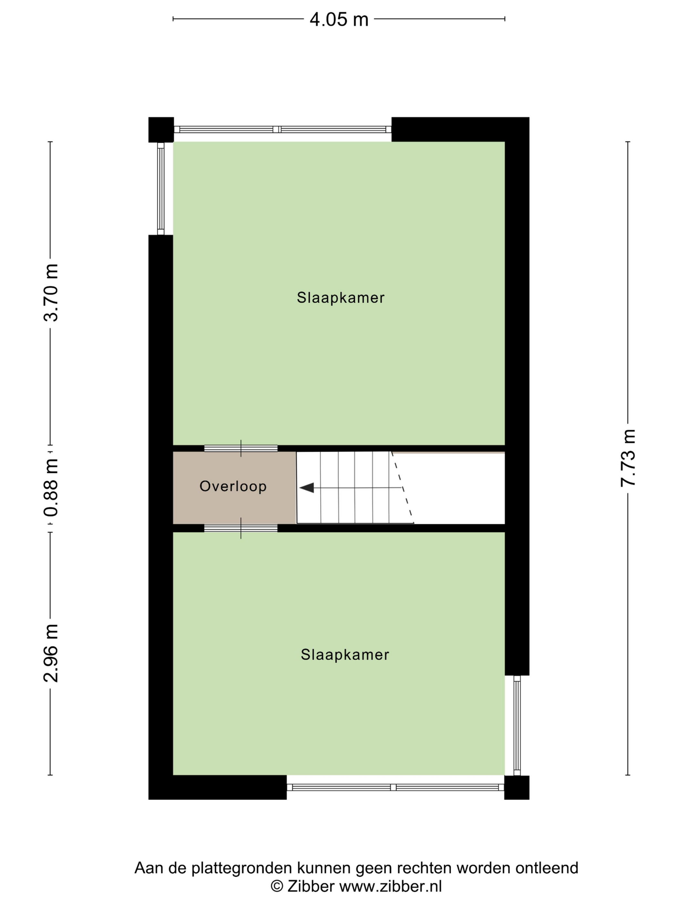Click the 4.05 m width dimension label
(x=339, y=19)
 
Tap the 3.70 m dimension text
(x=51, y=293)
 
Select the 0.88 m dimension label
(x=51, y=488)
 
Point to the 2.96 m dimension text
(x=51, y=653)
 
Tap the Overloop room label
(x=233, y=486)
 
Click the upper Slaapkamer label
(x=340, y=298)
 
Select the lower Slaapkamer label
(x=345, y=655)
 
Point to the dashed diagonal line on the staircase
(x=403, y=487)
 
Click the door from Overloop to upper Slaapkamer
(x=241, y=448)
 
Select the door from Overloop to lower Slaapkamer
(x=241, y=528)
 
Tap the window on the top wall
(x=282, y=129)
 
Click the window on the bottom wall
(x=395, y=787)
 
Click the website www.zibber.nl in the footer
(x=391, y=887)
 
